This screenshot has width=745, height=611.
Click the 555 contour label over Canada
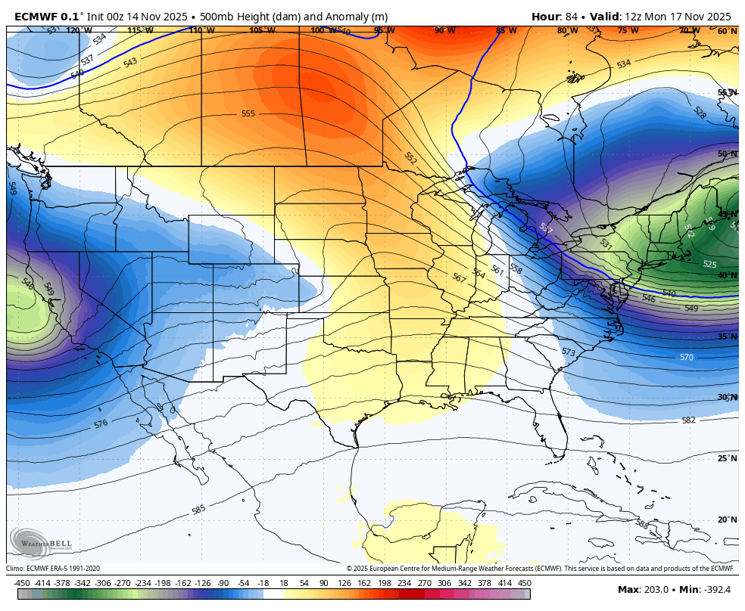point(248,113)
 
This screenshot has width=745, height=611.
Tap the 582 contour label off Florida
point(688,420)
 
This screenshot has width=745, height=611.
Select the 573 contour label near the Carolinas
point(569,352)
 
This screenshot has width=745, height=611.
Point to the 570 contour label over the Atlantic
point(686,357)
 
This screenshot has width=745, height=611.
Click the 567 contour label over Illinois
point(459,278)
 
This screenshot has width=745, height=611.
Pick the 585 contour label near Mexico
point(198,510)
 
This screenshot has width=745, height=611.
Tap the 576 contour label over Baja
point(101,424)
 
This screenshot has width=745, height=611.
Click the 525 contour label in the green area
point(709,265)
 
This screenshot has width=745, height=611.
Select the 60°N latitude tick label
point(727,32)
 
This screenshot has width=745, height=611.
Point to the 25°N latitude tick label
point(727,458)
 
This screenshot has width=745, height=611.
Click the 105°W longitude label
point(263,31)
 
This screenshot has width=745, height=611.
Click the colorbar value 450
point(524,583)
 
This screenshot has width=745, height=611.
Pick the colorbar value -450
point(22,583)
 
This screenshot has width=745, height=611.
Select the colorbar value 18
point(284,583)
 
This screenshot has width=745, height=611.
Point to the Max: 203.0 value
point(644,589)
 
